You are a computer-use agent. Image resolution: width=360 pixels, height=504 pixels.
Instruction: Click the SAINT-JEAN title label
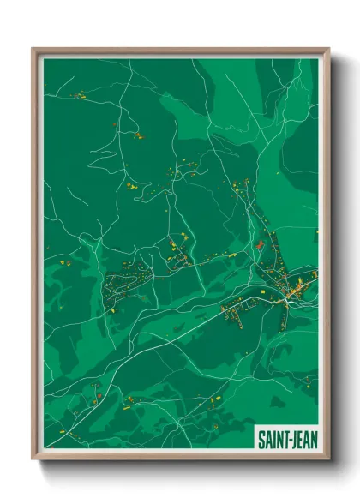pos(286,439)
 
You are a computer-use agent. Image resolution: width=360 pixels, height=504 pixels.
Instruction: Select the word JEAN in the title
pos(302,439)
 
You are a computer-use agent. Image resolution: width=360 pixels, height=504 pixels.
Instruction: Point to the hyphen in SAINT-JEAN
pos(289,440)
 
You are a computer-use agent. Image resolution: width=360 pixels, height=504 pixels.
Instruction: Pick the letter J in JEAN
pos(293,439)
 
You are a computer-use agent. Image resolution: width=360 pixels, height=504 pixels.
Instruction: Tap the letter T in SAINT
pos(284,439)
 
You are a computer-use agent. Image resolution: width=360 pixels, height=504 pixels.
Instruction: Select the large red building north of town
pos(260,245)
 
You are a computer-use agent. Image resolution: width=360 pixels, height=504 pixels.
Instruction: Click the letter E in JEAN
pos(298,439)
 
